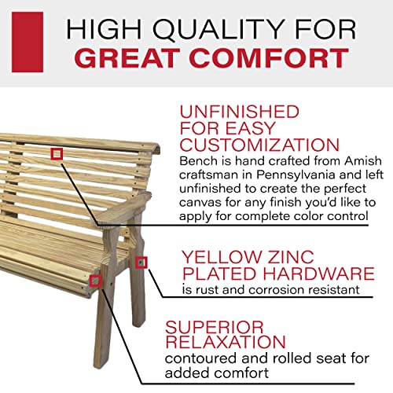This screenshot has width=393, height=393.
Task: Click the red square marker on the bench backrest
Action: pos(56,154)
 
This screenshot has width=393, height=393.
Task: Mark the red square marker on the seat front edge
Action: pos(95,281)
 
